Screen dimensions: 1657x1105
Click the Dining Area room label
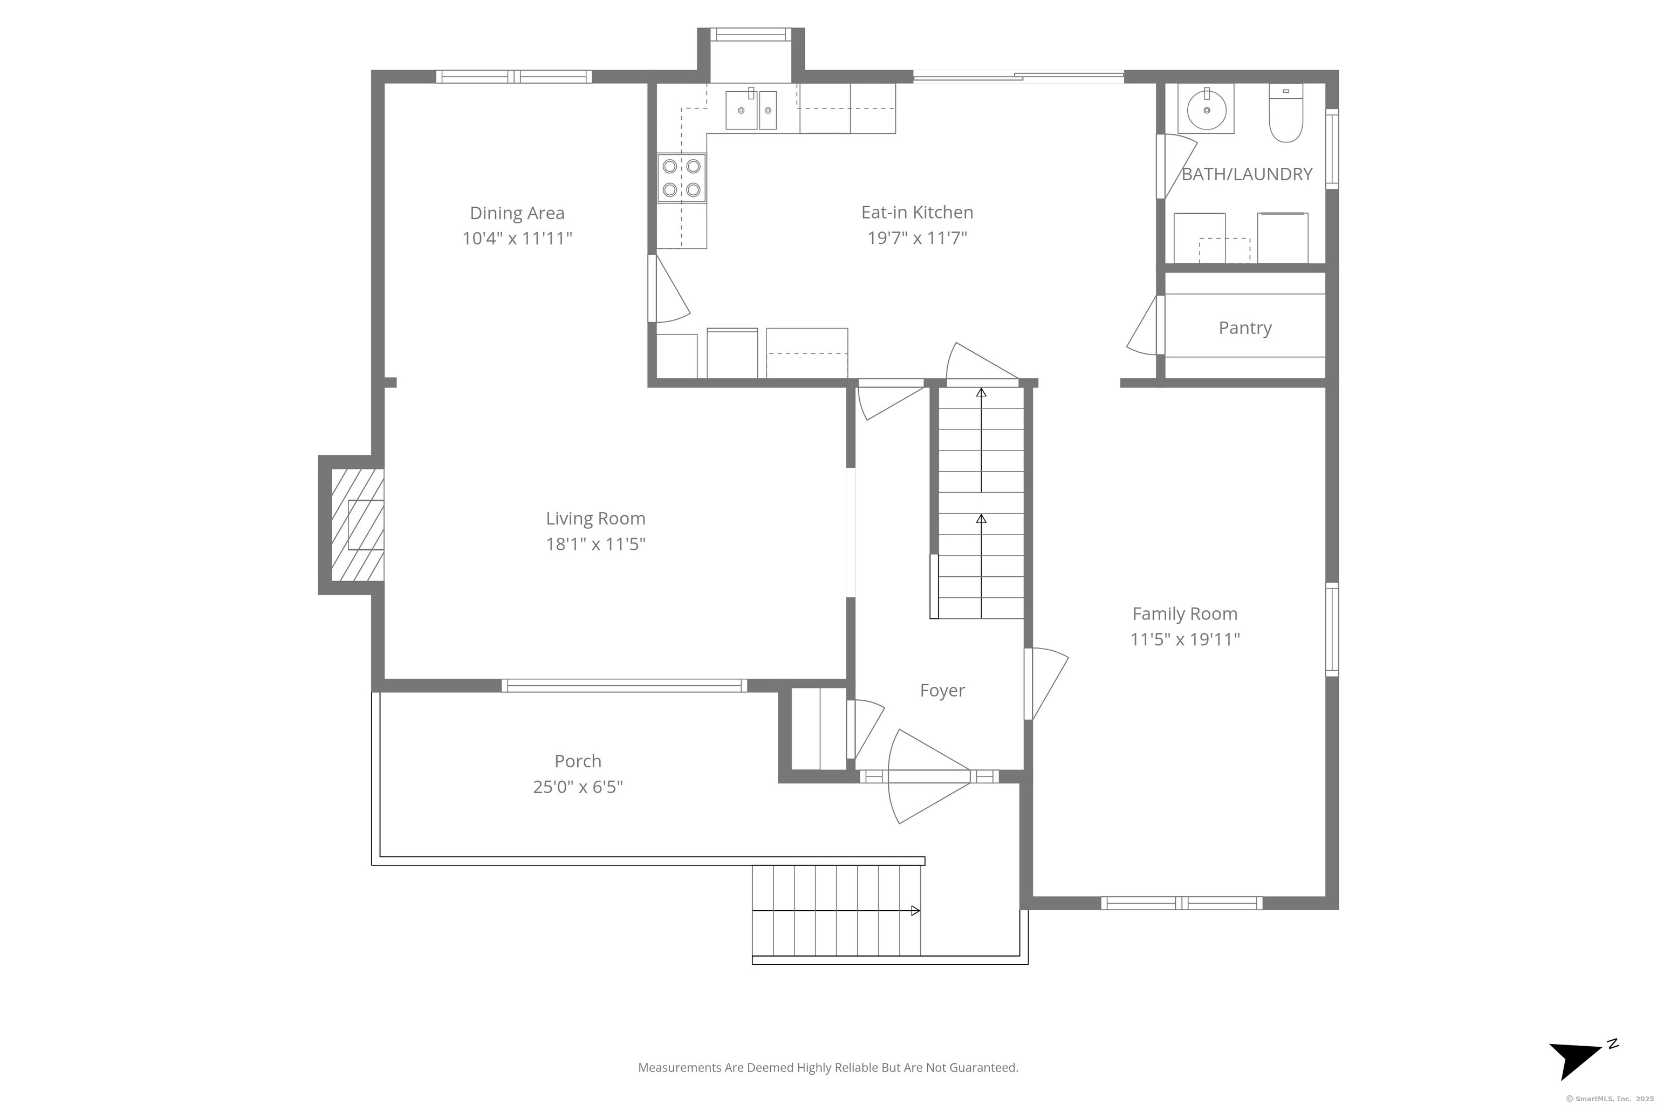pyautogui.click(x=517, y=213)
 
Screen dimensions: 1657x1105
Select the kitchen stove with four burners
pyautogui.click(x=682, y=178)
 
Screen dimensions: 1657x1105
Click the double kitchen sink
pyautogui.click(x=751, y=110)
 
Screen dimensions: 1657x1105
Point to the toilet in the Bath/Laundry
pyautogui.click(x=1286, y=113)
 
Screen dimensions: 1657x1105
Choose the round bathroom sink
pyautogui.click(x=1206, y=109)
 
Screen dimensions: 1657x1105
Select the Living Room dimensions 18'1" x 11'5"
pyautogui.click(x=595, y=544)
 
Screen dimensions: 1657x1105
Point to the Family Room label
pyautogui.click(x=1184, y=614)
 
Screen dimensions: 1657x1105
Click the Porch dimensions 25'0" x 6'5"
pyautogui.click(x=578, y=787)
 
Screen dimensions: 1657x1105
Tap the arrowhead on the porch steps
pyautogui.click(x=915, y=911)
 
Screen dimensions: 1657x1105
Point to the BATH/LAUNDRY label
pyautogui.click(x=1247, y=174)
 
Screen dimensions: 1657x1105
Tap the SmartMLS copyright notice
pyautogui.click(x=1609, y=1099)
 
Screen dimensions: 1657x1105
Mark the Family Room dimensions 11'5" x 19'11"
pyautogui.click(x=1185, y=639)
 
